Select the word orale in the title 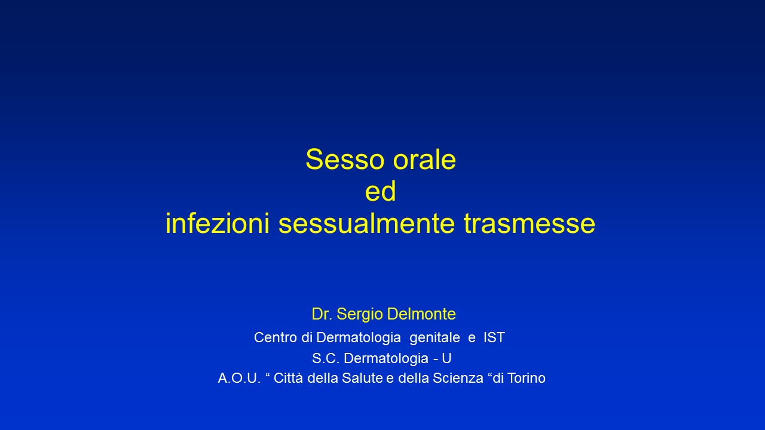point(424,159)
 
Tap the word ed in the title point(381,191)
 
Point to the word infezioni point(218,223)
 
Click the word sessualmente point(367,223)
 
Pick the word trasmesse point(530,224)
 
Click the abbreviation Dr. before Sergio point(322,314)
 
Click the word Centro point(276,337)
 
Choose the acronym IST point(494,337)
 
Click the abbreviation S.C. point(326,358)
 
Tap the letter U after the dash point(446,358)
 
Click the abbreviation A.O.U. point(240,378)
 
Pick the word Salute point(362,378)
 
